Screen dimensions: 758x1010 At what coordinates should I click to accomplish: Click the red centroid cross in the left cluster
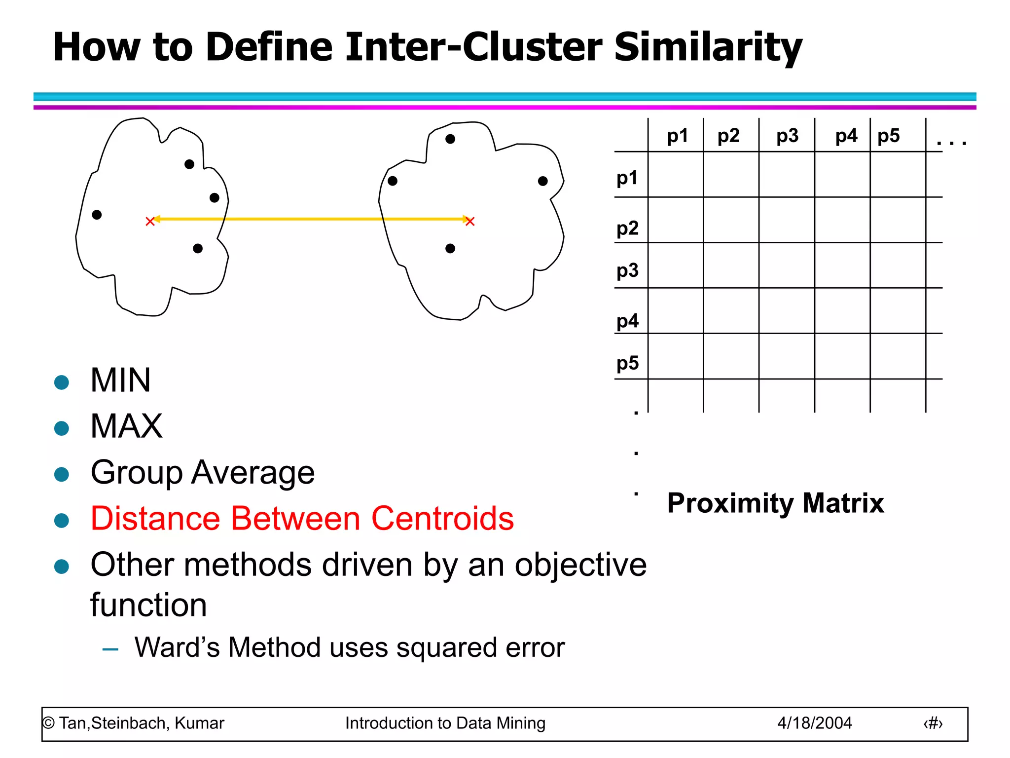[x=150, y=222]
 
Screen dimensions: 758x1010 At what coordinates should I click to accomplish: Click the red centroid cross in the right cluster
[x=470, y=222]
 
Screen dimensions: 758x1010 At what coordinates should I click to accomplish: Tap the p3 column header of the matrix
[x=787, y=136]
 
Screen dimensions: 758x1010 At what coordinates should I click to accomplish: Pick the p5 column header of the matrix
[x=889, y=136]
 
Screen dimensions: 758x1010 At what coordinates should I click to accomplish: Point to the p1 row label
[x=627, y=178]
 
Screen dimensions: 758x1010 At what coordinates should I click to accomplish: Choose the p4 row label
[x=627, y=321]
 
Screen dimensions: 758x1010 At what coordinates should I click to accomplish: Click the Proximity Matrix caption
[x=775, y=503]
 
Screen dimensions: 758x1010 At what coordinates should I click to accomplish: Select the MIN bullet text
[x=121, y=380]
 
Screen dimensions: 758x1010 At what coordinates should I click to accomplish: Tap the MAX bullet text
[x=127, y=426]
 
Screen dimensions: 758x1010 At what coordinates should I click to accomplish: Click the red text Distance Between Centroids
[x=302, y=519]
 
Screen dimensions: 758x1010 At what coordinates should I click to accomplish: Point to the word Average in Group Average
[x=253, y=473]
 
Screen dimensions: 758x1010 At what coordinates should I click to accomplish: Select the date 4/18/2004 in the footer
[x=815, y=723]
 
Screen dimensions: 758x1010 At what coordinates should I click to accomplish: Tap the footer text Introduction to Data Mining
[x=445, y=723]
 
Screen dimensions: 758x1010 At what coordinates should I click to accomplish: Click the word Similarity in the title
[x=708, y=47]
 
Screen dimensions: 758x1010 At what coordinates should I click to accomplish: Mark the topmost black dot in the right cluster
[x=450, y=139]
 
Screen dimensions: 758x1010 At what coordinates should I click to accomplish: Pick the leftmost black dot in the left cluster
[x=97, y=215]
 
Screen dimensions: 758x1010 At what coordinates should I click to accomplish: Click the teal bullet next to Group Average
[x=62, y=474]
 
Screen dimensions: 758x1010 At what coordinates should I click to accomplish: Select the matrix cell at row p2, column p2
[x=731, y=220]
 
